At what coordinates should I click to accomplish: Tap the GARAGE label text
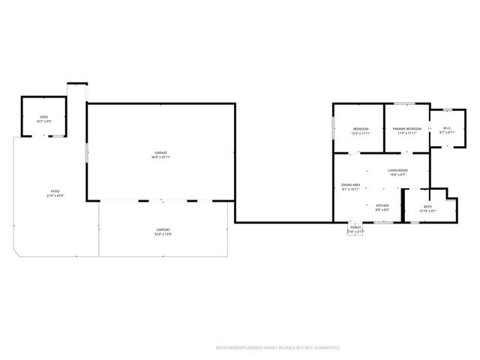[x=161, y=153]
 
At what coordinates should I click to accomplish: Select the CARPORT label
[x=163, y=229]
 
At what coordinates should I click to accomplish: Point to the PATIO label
[x=55, y=191]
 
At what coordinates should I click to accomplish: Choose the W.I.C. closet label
[x=446, y=128]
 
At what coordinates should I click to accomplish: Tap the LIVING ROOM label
[x=397, y=170]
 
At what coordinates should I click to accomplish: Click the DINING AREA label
[x=352, y=185]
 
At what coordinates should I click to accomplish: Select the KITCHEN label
[x=382, y=205]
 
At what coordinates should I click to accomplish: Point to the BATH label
[x=427, y=206]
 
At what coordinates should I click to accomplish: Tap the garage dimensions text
[x=161, y=157]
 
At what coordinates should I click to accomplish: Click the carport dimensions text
[x=163, y=234]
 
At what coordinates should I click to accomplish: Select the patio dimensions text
[x=55, y=196]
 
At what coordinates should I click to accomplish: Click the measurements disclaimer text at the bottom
[x=277, y=348]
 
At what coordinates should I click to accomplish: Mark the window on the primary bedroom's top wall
[x=405, y=103]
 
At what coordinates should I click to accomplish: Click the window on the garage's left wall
[x=87, y=154]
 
